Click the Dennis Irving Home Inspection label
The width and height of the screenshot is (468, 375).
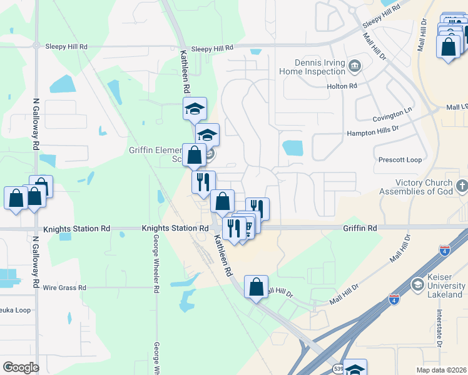click(321, 67)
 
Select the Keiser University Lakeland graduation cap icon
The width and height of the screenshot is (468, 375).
click(417, 285)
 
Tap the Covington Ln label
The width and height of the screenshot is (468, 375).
click(393, 117)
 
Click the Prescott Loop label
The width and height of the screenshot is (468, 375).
click(400, 160)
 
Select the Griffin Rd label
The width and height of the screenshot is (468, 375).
click(359, 229)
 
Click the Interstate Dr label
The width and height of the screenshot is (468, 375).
click(439, 327)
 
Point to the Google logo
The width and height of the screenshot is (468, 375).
click(21, 367)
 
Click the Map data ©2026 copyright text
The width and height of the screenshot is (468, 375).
click(441, 370)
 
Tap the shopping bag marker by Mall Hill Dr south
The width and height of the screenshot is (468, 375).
click(256, 287)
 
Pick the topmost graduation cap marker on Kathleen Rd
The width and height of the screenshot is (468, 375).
click(195, 109)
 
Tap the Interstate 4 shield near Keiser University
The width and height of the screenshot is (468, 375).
click(394, 299)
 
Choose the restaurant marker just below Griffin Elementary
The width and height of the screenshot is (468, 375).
click(203, 182)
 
